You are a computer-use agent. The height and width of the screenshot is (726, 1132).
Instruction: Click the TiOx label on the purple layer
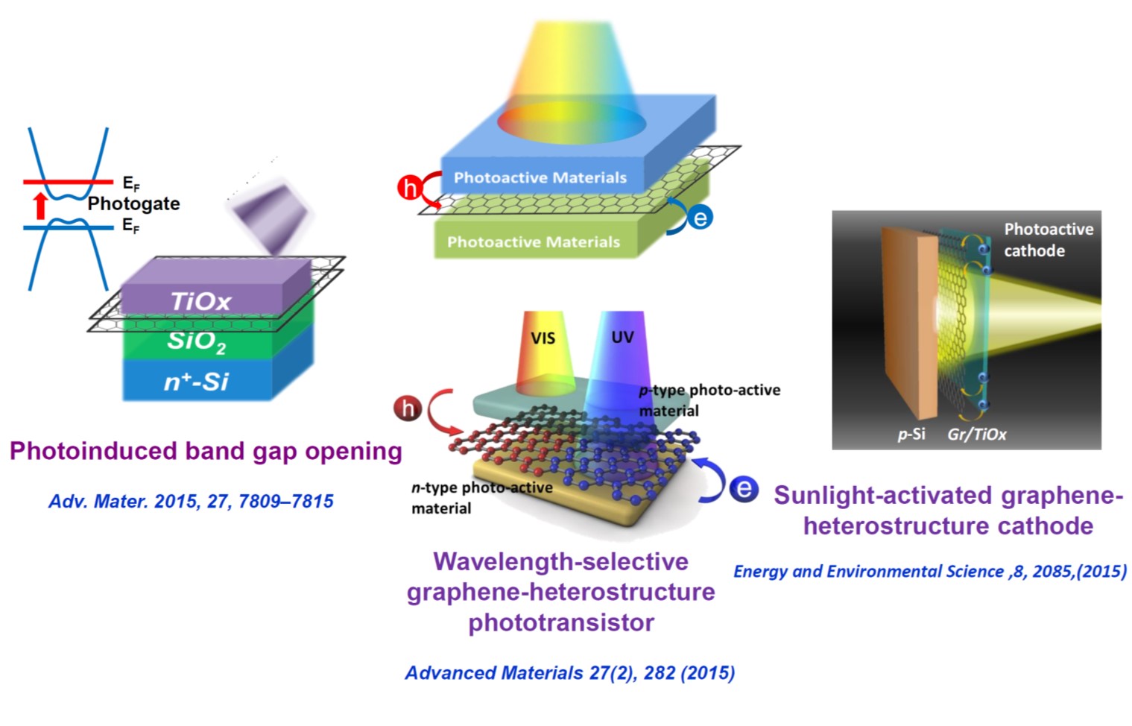coord(200,301)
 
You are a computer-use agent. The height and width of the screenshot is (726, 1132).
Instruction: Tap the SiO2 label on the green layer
coord(196,341)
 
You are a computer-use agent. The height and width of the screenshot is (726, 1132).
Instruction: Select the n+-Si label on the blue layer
coord(196,382)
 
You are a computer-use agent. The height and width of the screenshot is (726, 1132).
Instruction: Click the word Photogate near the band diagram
coord(133,203)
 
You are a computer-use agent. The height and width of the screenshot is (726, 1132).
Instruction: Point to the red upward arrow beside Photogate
coord(41,205)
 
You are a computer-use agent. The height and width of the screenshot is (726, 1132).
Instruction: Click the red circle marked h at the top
coord(409,186)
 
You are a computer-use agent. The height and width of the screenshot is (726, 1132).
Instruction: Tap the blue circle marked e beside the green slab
coord(700,218)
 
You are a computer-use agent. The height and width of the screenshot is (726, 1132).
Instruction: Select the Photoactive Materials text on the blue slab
coord(540,177)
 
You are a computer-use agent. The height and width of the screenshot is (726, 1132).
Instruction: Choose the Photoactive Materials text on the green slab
coord(533,242)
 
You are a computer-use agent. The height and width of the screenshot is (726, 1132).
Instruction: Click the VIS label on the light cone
coord(543,338)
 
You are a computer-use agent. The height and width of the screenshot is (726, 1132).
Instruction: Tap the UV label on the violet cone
coord(622,337)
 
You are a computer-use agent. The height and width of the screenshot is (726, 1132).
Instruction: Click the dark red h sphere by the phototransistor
coord(408,408)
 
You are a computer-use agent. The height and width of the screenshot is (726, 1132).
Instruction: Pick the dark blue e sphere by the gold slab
coord(743,489)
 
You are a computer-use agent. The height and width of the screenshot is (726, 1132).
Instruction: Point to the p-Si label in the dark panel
coord(911,434)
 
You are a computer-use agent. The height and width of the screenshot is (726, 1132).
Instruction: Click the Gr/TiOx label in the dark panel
coord(976,434)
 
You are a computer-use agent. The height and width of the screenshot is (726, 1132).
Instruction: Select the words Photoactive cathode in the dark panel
coord(1048,239)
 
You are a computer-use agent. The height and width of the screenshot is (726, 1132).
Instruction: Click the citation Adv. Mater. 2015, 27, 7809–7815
coord(191,501)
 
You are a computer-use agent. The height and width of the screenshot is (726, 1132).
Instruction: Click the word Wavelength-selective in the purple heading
coord(560,561)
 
